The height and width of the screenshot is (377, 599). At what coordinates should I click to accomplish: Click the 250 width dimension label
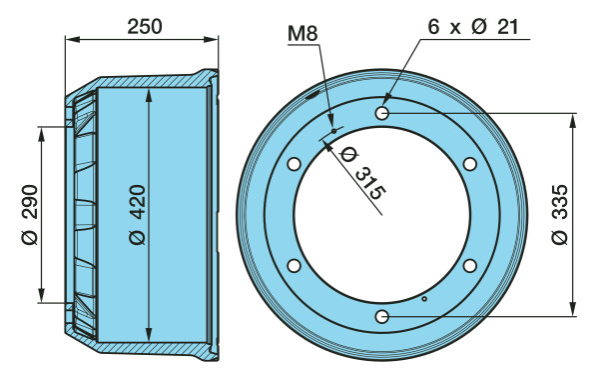pyautogui.click(x=145, y=26)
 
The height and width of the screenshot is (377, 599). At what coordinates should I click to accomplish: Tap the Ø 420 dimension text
pyautogui.click(x=138, y=215)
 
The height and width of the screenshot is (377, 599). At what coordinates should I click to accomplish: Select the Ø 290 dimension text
pyautogui.click(x=30, y=215)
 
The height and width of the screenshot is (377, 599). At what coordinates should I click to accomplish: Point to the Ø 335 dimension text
pyautogui.click(x=560, y=215)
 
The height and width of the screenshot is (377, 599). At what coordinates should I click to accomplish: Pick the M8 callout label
pyautogui.click(x=302, y=33)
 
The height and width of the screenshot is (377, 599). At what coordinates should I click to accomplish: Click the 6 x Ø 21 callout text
pyautogui.click(x=473, y=27)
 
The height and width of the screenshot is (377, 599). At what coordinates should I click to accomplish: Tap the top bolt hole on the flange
pyautogui.click(x=382, y=113)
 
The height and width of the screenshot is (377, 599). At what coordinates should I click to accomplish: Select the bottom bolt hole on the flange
pyautogui.click(x=382, y=317)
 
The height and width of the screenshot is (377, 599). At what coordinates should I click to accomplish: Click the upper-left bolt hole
pyautogui.click(x=294, y=164)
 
